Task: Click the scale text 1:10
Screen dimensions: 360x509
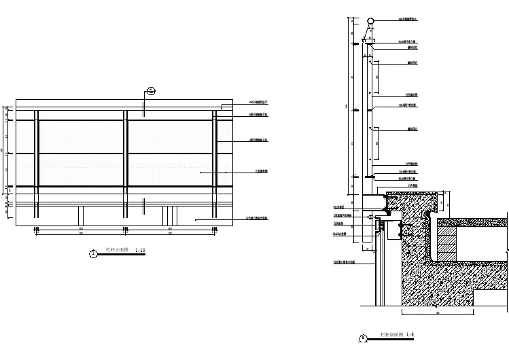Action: point(140,251)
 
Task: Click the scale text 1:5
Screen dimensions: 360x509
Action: point(410,335)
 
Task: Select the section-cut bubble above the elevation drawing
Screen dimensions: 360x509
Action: point(152,90)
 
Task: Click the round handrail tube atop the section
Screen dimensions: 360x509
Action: point(370,20)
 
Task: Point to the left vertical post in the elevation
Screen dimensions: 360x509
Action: point(37,163)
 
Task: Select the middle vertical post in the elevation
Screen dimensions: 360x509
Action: point(125,163)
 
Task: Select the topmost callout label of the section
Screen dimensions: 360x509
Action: point(408,19)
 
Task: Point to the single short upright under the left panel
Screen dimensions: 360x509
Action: point(80,213)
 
